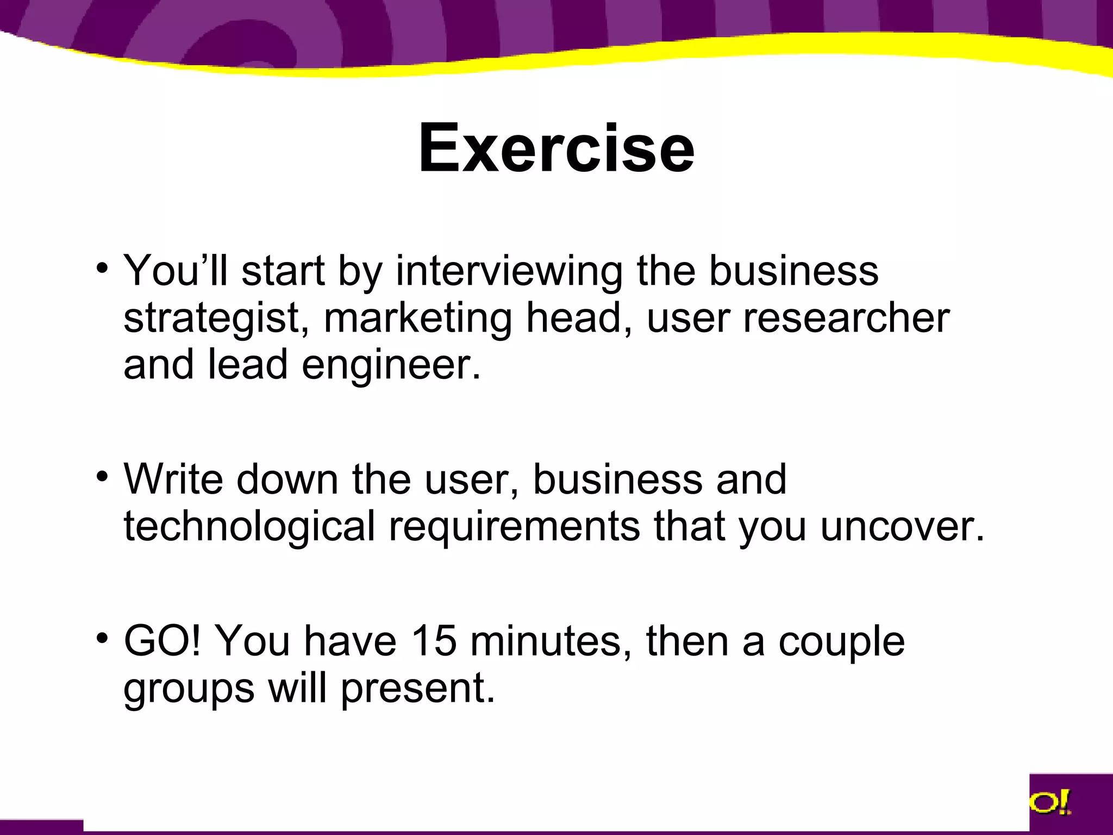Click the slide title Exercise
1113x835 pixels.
556,148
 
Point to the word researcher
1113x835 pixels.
846,317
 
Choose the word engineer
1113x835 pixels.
391,365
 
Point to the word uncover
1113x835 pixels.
902,526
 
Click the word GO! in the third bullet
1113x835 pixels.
162,641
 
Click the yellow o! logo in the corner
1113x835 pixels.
1049,802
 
